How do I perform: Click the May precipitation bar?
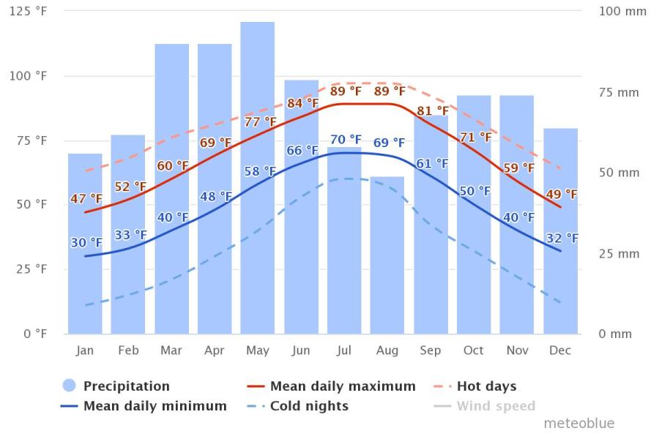coord(258,183)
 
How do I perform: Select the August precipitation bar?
coord(387,256)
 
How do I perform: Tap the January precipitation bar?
coord(85,278)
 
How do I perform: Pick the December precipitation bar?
coord(560,278)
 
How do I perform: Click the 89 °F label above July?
coord(346,91)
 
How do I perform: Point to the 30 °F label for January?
coord(86,243)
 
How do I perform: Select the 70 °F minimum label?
coord(346,139)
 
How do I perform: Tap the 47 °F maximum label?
coord(86,199)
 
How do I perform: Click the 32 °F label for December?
coord(562,239)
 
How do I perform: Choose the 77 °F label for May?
coord(260,121)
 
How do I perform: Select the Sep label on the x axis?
coord(431,350)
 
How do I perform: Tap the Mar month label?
coord(171,350)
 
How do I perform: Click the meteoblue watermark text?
coord(579,423)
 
